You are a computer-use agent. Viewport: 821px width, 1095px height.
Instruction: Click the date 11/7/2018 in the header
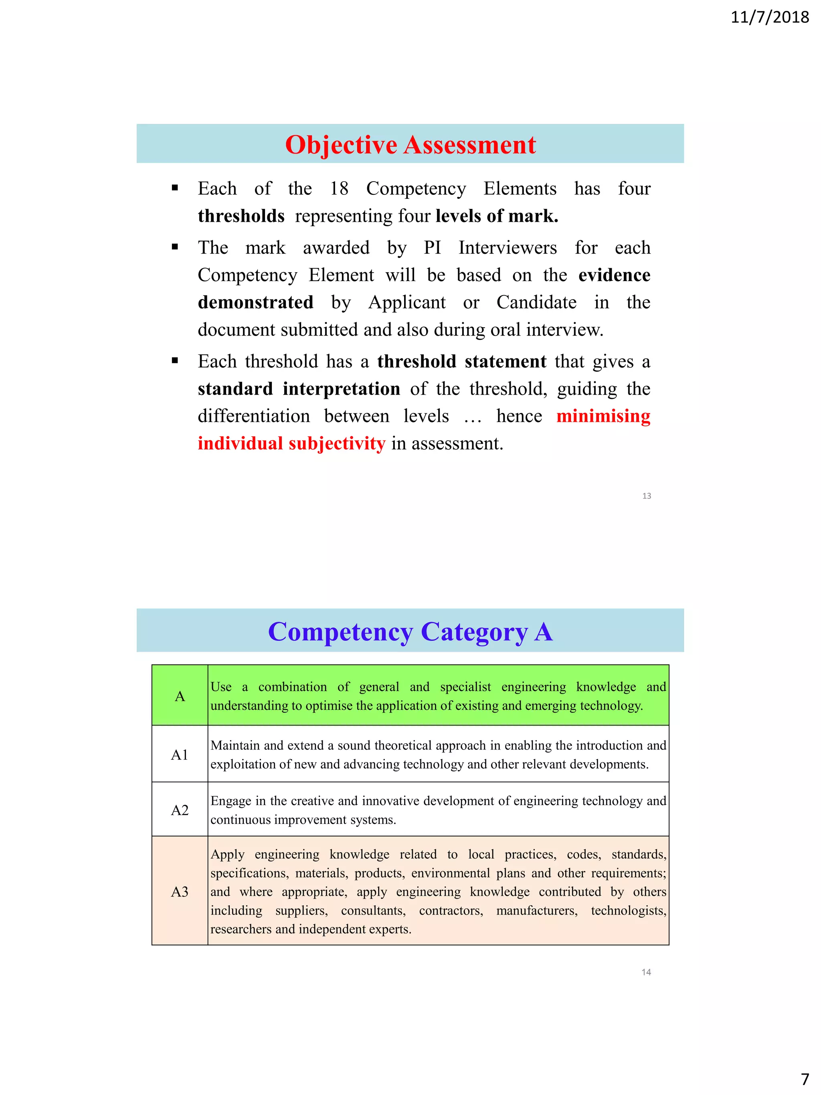click(770, 17)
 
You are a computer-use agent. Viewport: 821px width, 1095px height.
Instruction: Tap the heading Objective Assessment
click(410, 145)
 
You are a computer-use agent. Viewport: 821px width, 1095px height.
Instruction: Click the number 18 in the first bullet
click(339, 188)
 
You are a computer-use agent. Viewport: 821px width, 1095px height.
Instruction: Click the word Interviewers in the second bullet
click(507, 247)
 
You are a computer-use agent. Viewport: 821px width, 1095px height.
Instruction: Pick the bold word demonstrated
click(255, 302)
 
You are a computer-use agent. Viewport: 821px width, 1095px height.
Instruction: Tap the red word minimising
click(603, 416)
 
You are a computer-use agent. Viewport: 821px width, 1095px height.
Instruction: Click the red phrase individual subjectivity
click(291, 443)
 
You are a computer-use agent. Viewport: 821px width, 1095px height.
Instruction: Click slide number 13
click(646, 496)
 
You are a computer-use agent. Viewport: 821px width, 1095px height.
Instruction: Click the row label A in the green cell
click(180, 696)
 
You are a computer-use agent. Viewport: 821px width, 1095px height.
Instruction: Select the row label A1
click(180, 755)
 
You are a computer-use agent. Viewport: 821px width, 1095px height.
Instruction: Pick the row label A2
click(180, 810)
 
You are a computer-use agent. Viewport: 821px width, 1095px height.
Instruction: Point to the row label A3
click(180, 892)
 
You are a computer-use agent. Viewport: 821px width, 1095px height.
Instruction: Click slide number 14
click(646, 972)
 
